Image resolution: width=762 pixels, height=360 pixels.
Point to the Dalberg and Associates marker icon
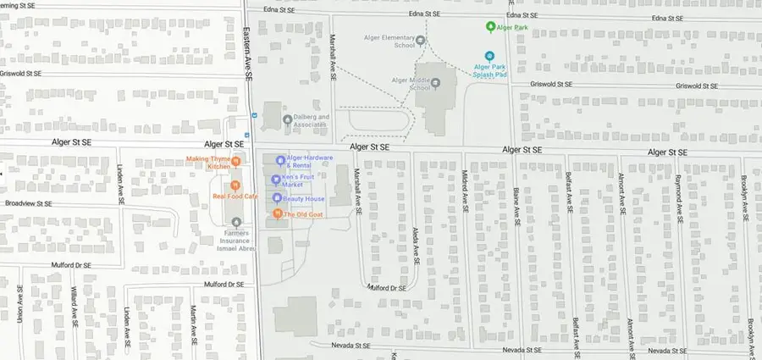click(x=287, y=119)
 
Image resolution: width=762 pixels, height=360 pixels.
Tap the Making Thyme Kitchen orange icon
click(x=236, y=162)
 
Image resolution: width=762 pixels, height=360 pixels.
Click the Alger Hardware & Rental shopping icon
click(x=279, y=160)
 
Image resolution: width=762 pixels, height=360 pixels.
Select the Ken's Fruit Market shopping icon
click(x=275, y=180)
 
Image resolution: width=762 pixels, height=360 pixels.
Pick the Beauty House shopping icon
click(x=276, y=198)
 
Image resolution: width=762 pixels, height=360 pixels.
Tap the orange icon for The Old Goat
click(x=277, y=214)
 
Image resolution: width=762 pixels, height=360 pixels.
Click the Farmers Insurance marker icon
click(x=236, y=222)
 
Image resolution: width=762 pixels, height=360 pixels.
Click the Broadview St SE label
click(x=29, y=204)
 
